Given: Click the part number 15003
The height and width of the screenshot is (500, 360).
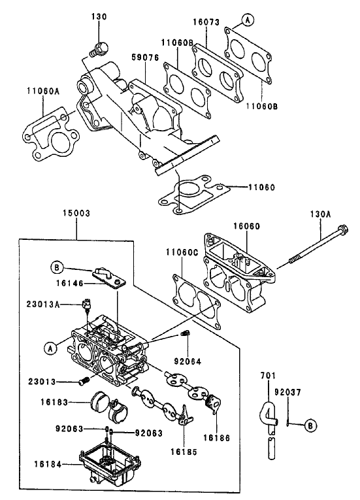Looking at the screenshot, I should pos(76,213).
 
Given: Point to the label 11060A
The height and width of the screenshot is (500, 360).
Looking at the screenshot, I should pos(42,91).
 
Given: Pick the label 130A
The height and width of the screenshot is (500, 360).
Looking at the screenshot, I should pos(320,214).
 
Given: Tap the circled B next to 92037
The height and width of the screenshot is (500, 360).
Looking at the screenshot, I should pos(311,425).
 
